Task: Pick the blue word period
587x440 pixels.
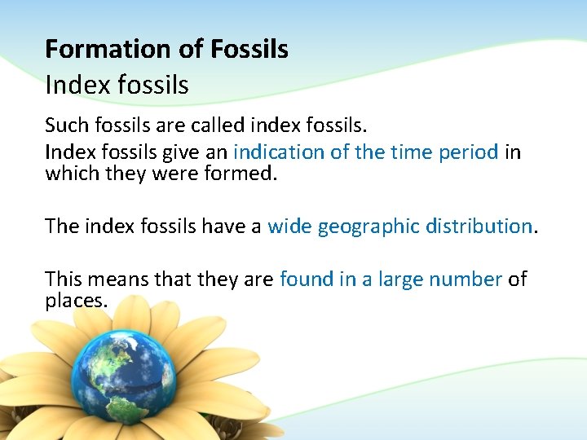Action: (x=470, y=152)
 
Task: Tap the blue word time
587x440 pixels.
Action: (x=413, y=152)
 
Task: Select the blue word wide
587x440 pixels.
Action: (x=289, y=226)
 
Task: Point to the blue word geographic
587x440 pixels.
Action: (x=368, y=227)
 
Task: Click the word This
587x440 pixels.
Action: (x=64, y=279)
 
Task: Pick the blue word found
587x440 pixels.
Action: (x=306, y=279)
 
